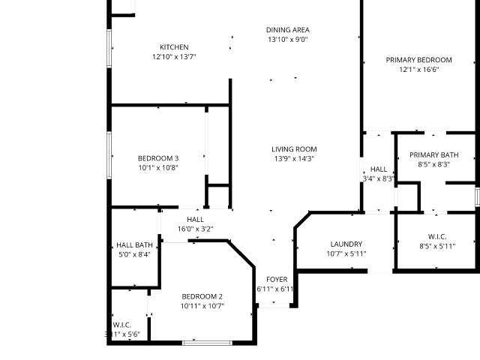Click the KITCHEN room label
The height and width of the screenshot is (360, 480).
pyautogui.click(x=174, y=47)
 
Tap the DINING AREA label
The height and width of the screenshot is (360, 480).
pyautogui.click(x=287, y=30)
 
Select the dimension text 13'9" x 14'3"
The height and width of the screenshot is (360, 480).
pyautogui.click(x=294, y=158)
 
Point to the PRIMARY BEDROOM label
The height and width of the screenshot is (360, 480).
pyautogui.click(x=418, y=60)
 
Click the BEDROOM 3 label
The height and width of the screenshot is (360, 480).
pyautogui.click(x=158, y=158)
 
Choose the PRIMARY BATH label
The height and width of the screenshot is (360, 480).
pyautogui.click(x=433, y=155)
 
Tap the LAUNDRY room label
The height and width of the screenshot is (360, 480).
pyautogui.click(x=346, y=244)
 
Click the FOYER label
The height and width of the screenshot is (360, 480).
pyautogui.click(x=277, y=280)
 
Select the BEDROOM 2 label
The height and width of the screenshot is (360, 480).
pyautogui.click(x=202, y=296)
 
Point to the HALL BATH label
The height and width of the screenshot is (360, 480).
pyautogui.click(x=134, y=245)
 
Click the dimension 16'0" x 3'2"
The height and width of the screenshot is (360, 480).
pyautogui.click(x=195, y=229)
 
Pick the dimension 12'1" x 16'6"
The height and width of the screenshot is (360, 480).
pyautogui.click(x=418, y=70)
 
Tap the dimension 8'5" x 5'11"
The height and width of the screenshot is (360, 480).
pyautogui.click(x=437, y=246)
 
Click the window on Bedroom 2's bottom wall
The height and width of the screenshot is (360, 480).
pyautogui.click(x=207, y=343)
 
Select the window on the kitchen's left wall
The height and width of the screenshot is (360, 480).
pyautogui.click(x=109, y=48)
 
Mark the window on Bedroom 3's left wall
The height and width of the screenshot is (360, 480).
pyautogui.click(x=109, y=155)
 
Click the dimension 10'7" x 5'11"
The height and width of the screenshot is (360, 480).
pyautogui.click(x=346, y=253)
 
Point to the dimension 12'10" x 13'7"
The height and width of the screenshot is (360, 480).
pyautogui.click(x=174, y=57)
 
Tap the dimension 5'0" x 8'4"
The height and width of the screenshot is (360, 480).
pyautogui.click(x=134, y=254)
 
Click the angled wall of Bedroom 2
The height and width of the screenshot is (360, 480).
pyautogui.click(x=241, y=254)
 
